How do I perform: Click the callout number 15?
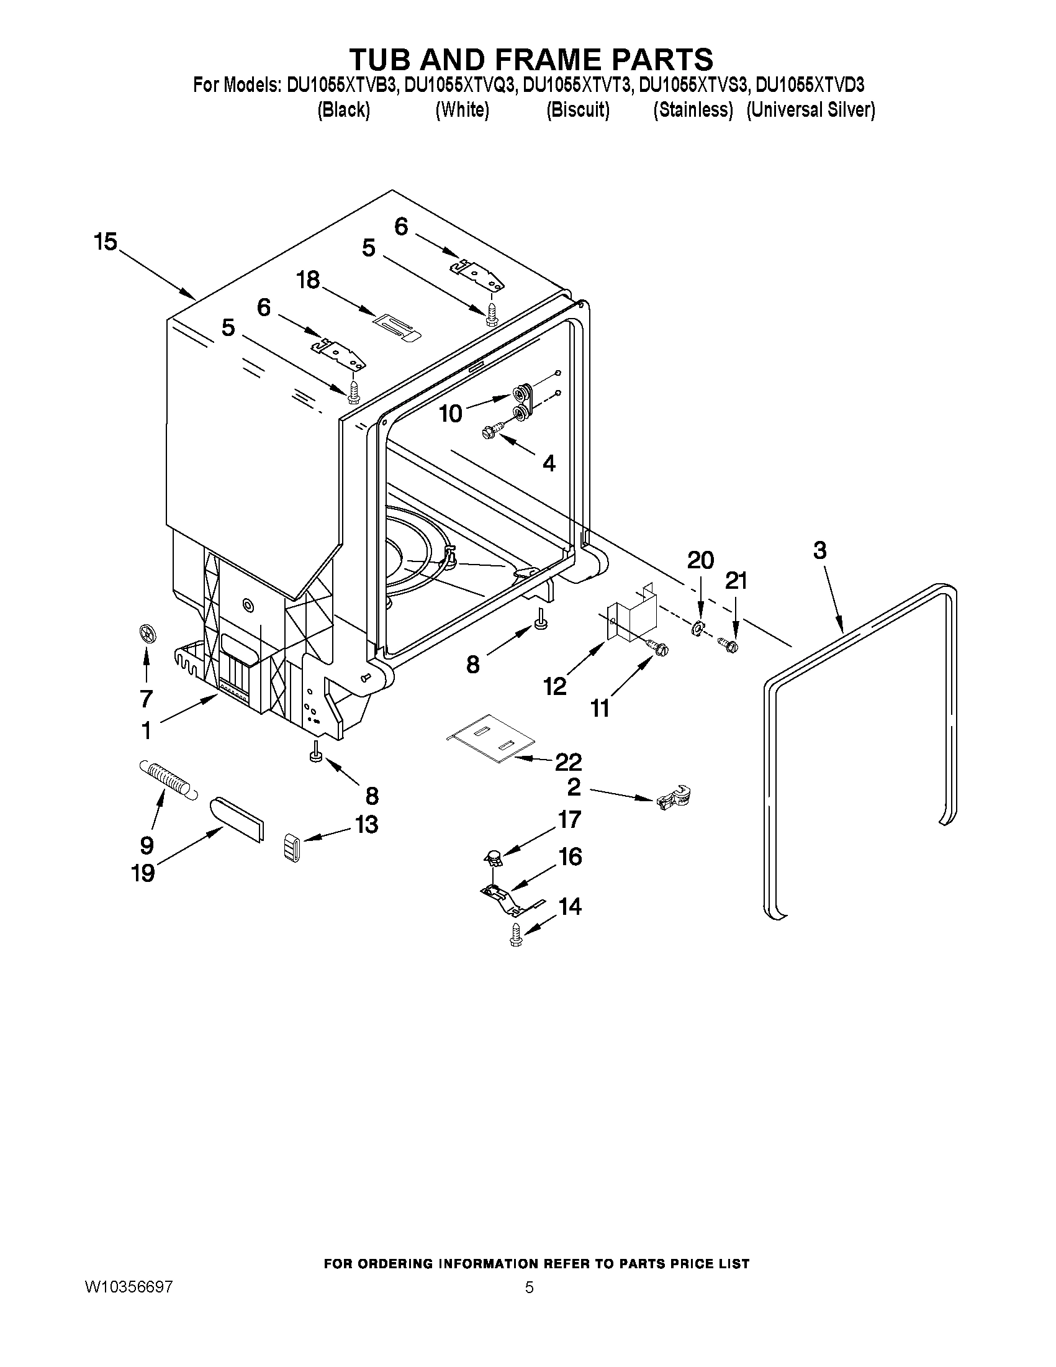click(x=106, y=241)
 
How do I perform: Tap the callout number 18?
click(x=308, y=279)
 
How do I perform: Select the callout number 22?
click(x=568, y=761)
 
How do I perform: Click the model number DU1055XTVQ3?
click(x=460, y=85)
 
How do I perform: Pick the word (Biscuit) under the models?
click(x=577, y=110)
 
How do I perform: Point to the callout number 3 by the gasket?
click(x=819, y=551)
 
